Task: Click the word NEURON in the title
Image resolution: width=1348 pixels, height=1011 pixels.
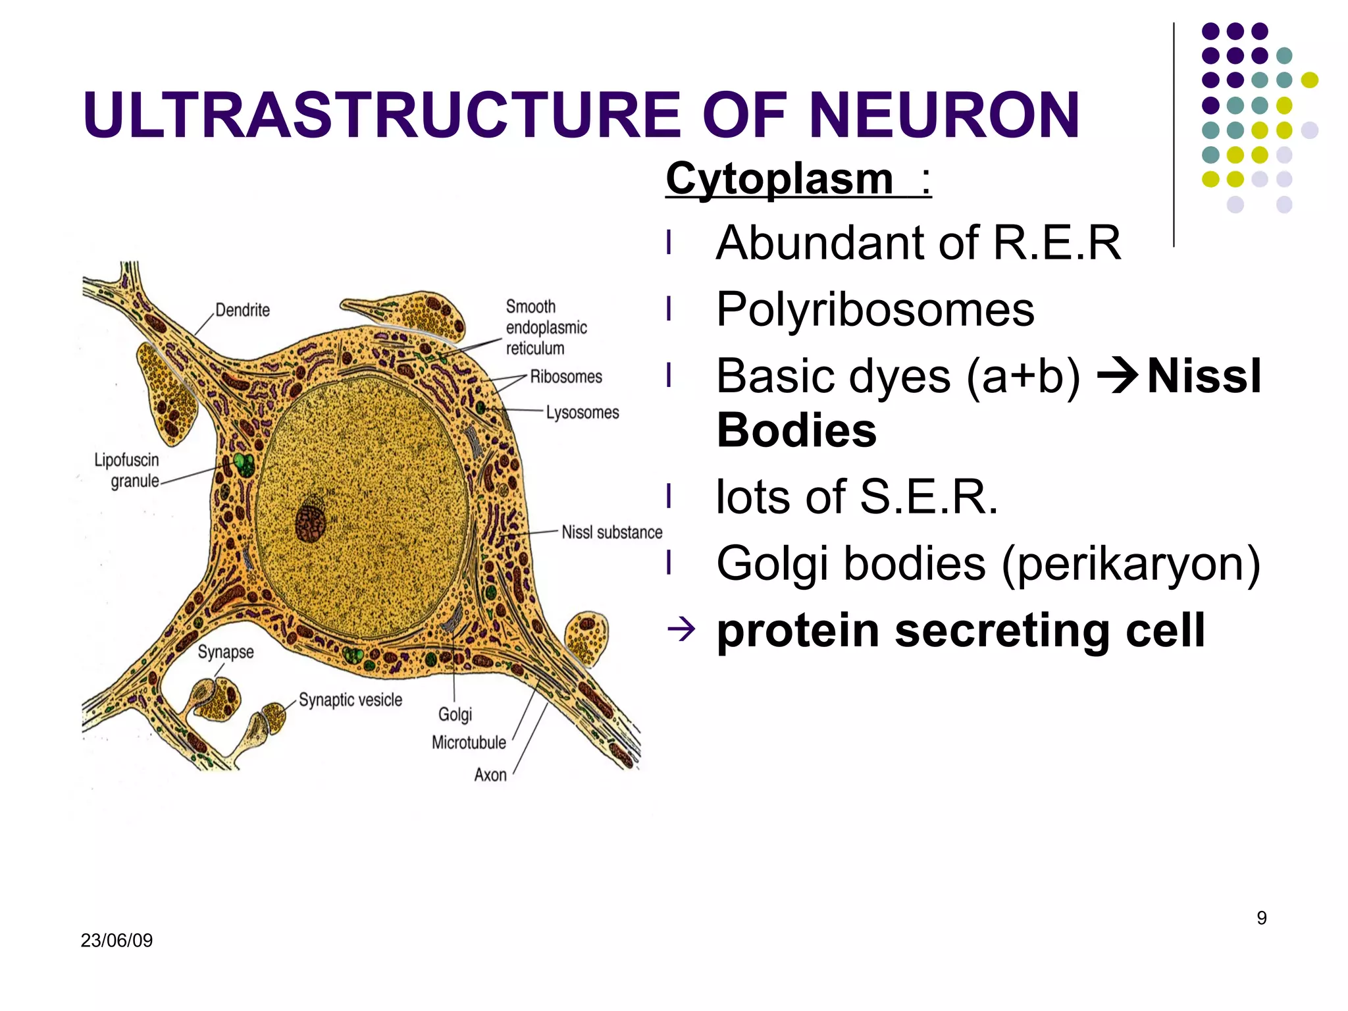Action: click(944, 116)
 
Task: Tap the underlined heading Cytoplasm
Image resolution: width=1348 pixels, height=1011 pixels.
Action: click(779, 178)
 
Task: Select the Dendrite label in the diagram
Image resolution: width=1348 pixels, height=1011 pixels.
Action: click(242, 310)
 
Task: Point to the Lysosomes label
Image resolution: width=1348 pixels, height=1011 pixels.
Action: click(583, 413)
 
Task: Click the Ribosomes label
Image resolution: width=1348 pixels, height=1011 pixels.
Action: click(566, 376)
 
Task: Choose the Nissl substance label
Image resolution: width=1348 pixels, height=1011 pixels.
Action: click(611, 532)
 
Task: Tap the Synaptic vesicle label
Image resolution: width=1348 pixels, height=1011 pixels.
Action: click(350, 700)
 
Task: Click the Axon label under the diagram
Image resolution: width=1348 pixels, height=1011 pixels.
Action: click(490, 775)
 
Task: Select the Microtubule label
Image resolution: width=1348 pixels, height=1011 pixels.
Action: click(469, 742)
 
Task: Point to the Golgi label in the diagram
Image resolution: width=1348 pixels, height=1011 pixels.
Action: click(455, 714)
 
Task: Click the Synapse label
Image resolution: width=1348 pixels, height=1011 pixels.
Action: click(226, 652)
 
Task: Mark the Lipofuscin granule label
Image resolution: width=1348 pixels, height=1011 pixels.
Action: click(128, 470)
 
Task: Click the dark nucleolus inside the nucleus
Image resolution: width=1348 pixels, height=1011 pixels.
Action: click(310, 524)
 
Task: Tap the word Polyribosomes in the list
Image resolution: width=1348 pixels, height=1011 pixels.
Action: click(875, 309)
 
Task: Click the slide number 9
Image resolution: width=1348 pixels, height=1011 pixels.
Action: click(1261, 918)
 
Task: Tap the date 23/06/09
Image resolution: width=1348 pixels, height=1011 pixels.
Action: click(117, 940)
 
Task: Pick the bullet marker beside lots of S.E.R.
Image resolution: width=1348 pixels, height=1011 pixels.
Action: click(669, 496)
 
